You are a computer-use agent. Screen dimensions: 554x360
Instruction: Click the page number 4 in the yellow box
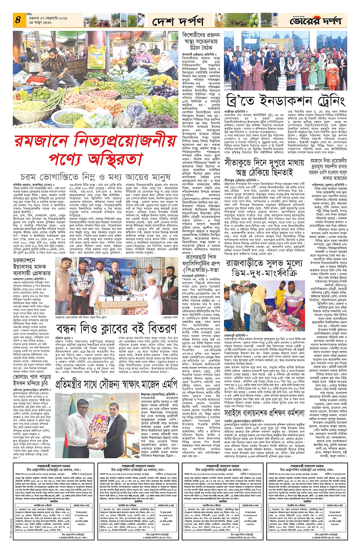click(x=18, y=20)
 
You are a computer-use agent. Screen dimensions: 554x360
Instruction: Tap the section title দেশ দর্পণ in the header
click(x=178, y=22)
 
